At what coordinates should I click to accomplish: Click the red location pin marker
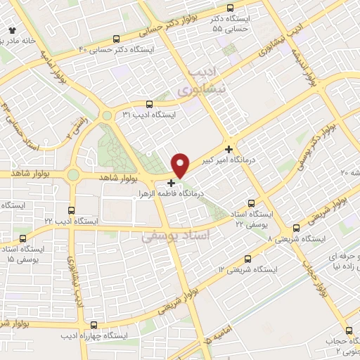click(x=181, y=165)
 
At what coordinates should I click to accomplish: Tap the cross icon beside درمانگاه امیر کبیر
click(x=229, y=148)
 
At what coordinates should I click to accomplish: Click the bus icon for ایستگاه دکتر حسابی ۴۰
click(x=116, y=39)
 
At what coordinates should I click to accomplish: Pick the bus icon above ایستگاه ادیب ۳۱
click(x=148, y=103)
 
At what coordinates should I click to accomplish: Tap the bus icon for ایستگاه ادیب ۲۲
click(x=70, y=210)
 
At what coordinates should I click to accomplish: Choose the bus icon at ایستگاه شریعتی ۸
click(x=296, y=228)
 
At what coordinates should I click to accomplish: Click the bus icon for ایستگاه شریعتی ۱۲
click(x=246, y=259)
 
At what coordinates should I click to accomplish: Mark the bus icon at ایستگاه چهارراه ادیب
click(x=94, y=325)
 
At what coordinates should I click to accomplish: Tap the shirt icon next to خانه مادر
click(x=12, y=31)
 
